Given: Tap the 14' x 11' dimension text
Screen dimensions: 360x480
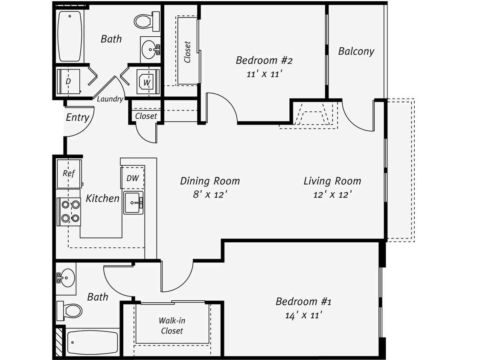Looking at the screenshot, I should (x=303, y=315).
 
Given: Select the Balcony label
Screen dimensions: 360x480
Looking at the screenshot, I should (x=356, y=51).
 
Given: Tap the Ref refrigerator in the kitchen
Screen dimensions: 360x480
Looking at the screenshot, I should (x=69, y=173).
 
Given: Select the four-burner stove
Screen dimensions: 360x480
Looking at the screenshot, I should (x=69, y=212).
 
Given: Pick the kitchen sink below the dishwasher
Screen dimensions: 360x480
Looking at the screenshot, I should (x=134, y=203).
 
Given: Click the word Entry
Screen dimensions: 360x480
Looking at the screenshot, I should (x=77, y=117).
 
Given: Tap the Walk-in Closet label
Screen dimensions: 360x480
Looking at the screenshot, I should (x=172, y=325).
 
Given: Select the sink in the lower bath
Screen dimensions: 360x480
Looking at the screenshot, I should (x=66, y=279).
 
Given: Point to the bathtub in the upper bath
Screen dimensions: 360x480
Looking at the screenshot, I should (x=70, y=36).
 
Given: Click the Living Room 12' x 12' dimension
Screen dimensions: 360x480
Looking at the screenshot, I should (x=332, y=195).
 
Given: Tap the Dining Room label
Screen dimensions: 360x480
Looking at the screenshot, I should (x=209, y=181).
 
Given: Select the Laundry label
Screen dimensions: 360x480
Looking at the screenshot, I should (x=110, y=99).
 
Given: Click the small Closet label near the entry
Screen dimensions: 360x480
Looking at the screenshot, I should (x=146, y=116).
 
